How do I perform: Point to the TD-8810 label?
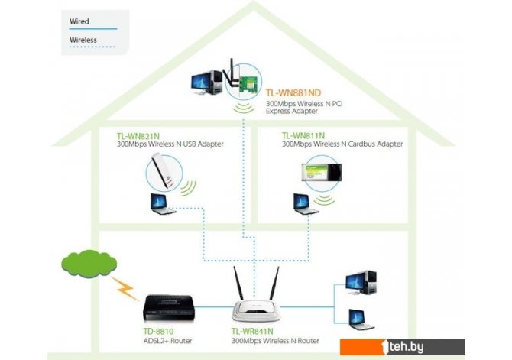click(x=159, y=332)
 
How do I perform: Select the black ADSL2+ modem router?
click(x=170, y=306)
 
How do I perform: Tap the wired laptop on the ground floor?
click(x=361, y=317)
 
